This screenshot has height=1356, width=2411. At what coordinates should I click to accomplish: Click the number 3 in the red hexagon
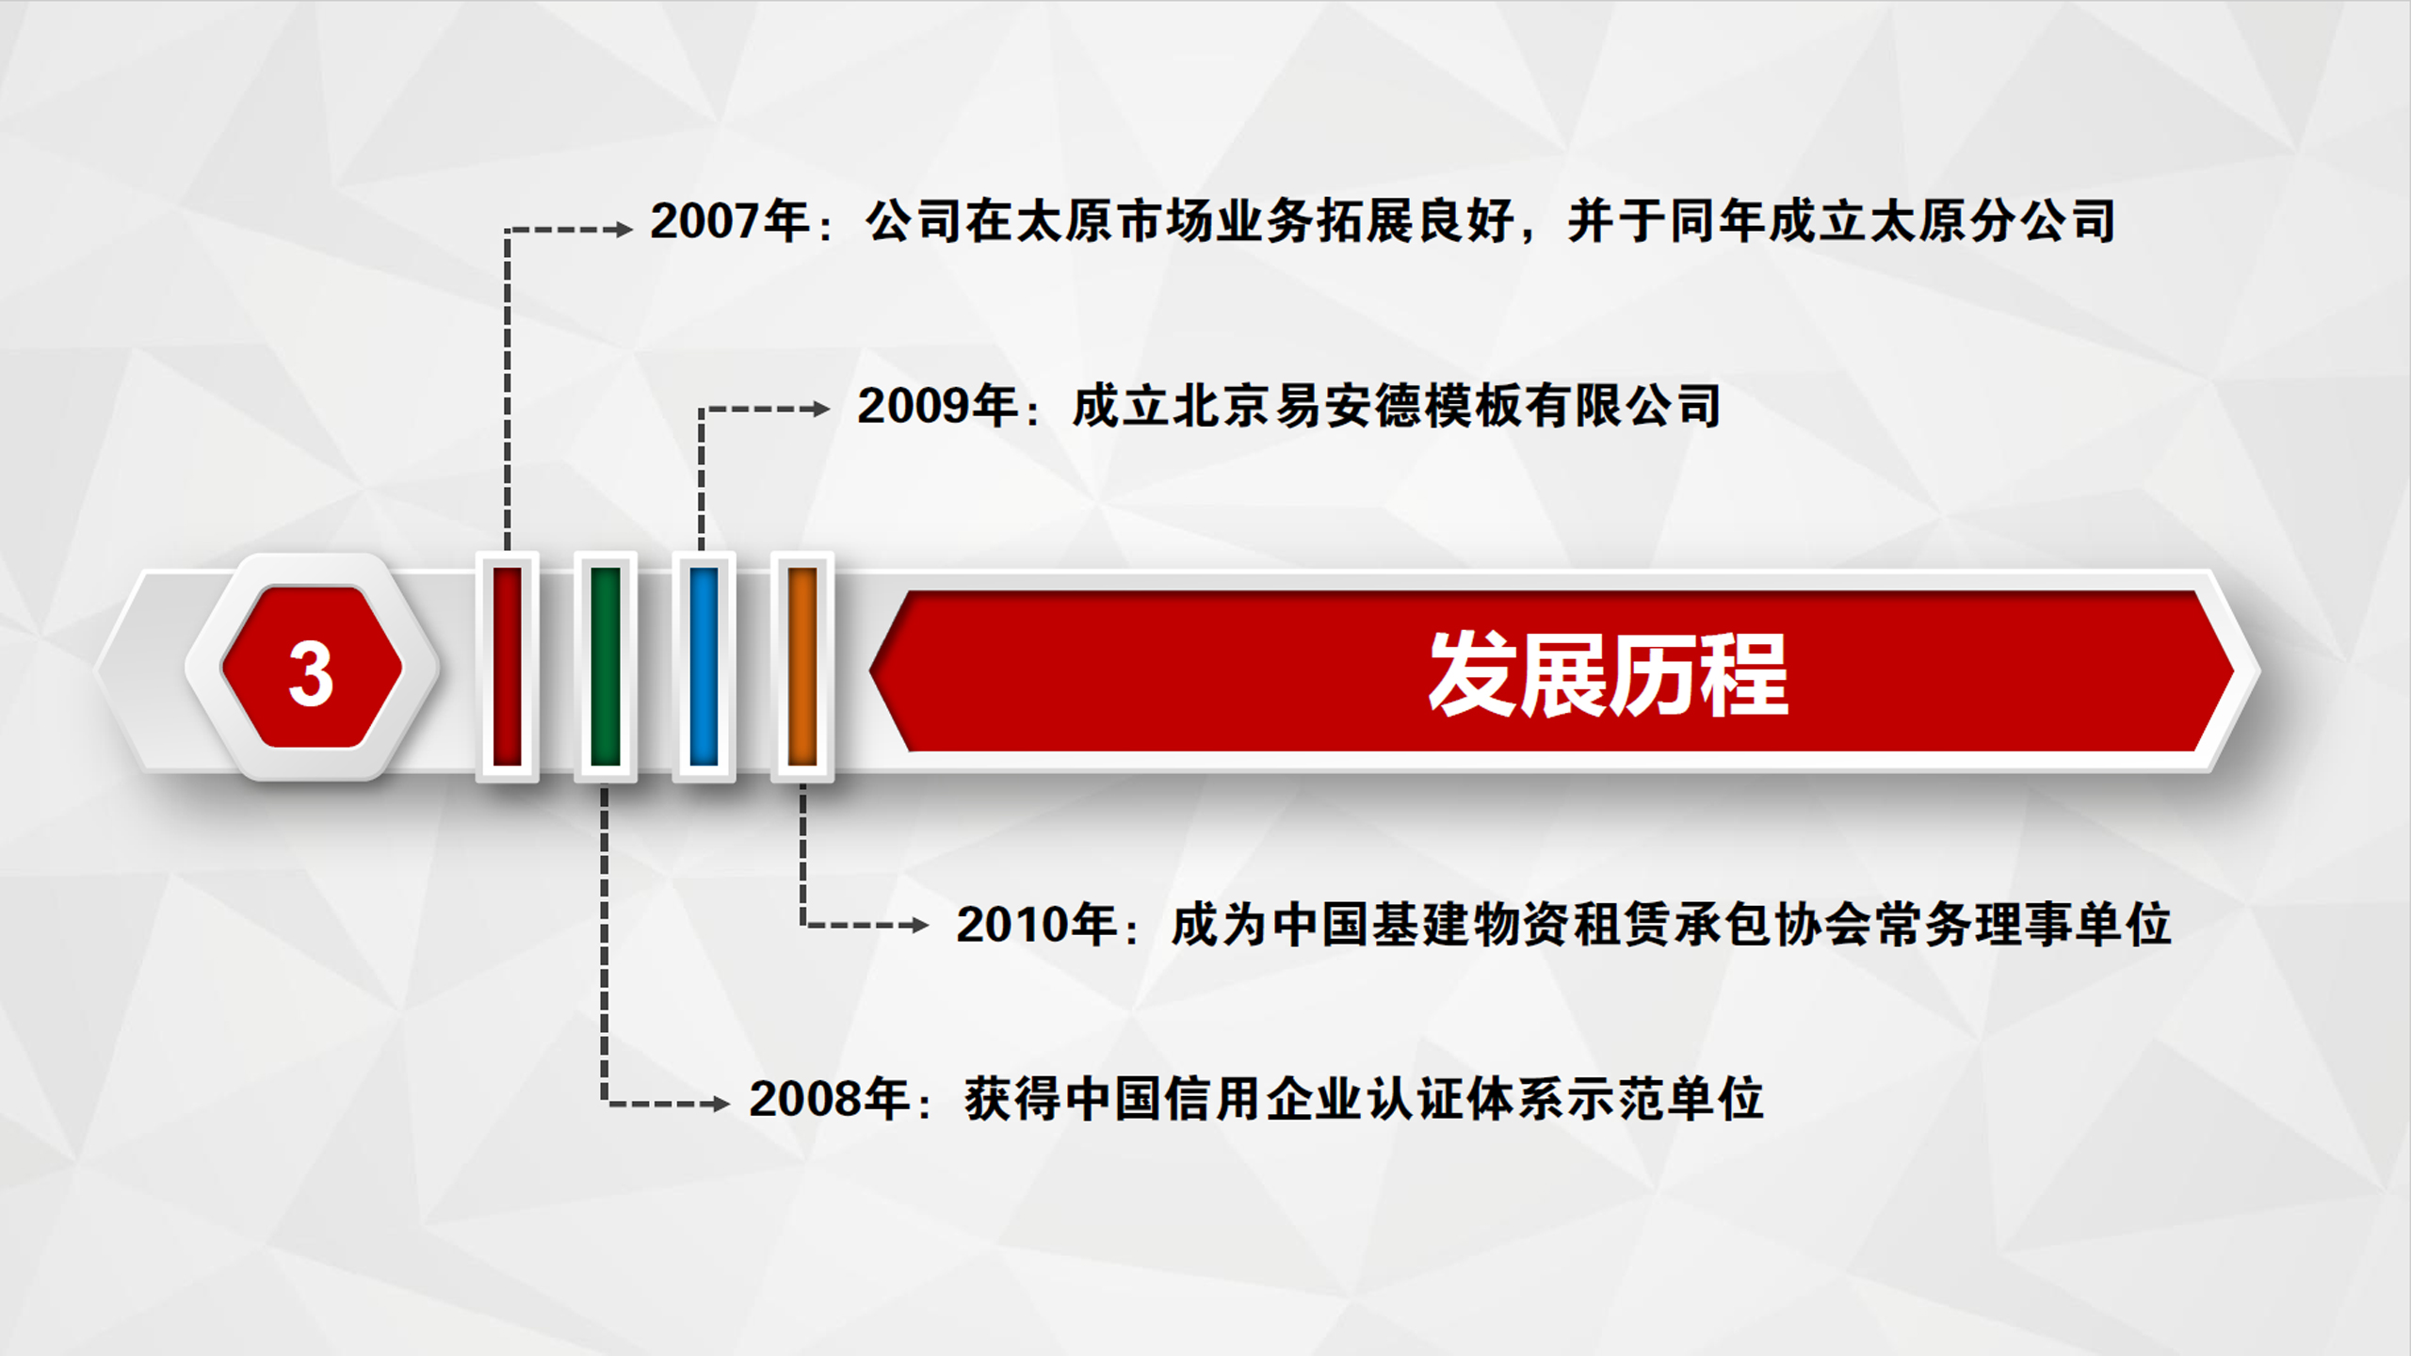point(311,674)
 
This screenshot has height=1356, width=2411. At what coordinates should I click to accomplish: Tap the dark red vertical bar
point(507,666)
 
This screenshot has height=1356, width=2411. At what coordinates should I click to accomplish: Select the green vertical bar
point(606,666)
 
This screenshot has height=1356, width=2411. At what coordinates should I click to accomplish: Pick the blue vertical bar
point(704,666)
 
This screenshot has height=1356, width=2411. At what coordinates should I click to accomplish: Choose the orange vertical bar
point(802,666)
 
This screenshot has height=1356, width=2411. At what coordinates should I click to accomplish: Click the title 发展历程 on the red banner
point(1608,674)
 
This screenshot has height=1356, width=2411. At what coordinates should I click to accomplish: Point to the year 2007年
point(731,221)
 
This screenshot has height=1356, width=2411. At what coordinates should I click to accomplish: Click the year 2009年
point(938,406)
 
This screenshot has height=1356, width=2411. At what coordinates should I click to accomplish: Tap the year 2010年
point(1037,924)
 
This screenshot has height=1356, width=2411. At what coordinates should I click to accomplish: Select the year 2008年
point(830,1098)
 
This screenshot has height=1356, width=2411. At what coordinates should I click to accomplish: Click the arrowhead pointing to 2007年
point(623,229)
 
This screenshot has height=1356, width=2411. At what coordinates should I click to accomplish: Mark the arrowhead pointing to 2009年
point(819,409)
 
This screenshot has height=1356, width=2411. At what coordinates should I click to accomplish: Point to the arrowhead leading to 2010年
point(919,925)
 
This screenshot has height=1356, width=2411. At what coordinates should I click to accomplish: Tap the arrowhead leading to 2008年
point(720,1103)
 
